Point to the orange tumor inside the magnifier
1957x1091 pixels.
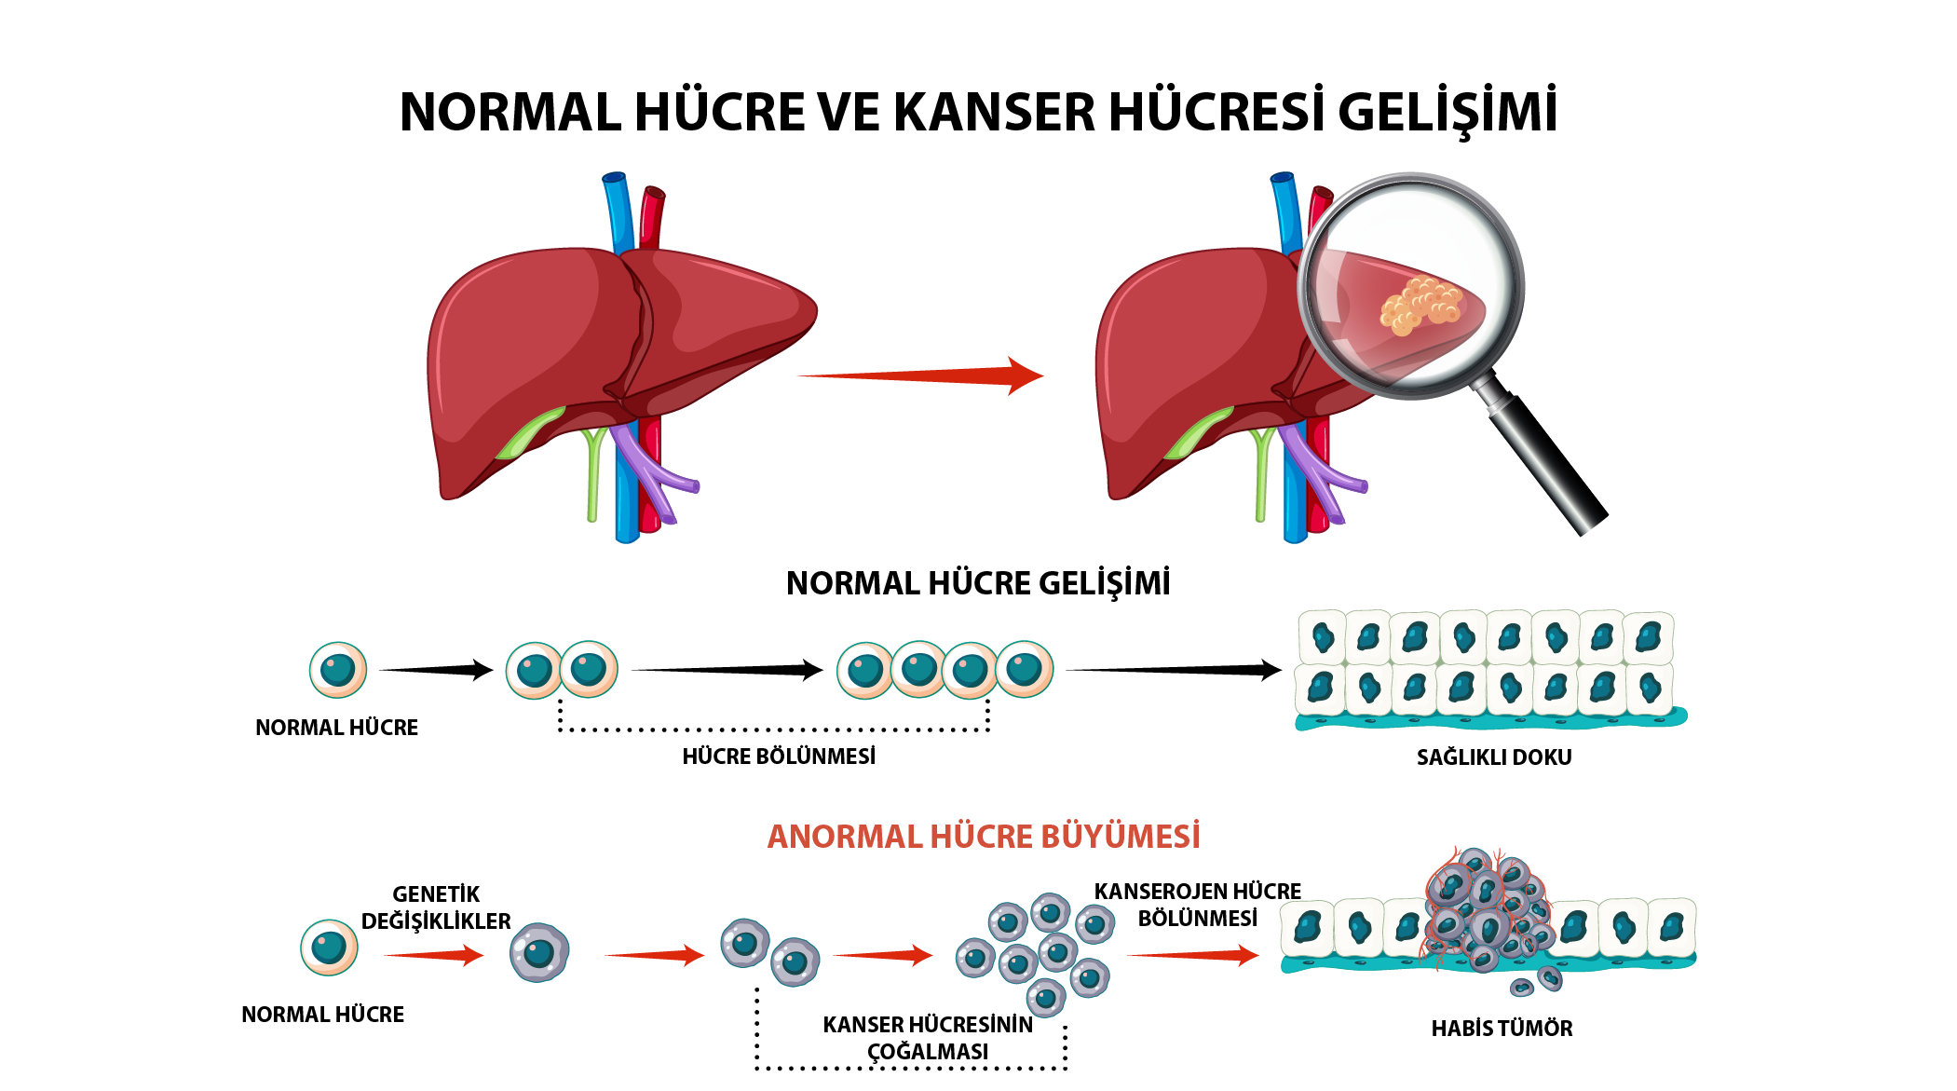[x=1421, y=305]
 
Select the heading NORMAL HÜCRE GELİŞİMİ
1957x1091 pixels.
[x=978, y=583]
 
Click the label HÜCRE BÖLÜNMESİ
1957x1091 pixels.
[x=779, y=757]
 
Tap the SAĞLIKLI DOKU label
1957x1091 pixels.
[x=1494, y=757]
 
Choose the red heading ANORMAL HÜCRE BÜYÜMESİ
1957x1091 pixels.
[x=984, y=837]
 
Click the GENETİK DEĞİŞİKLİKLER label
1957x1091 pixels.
[x=436, y=907]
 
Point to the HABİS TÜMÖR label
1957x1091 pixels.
[x=1502, y=1029]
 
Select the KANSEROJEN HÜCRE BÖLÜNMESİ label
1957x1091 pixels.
[x=1198, y=905]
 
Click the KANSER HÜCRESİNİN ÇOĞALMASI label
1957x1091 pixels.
[x=928, y=1038]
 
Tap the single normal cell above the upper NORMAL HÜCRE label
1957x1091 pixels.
[x=338, y=670]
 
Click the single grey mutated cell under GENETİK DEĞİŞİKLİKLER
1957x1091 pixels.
[x=539, y=952]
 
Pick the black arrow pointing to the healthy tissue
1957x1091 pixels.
[x=1174, y=670]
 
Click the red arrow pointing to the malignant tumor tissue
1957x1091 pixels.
[x=1193, y=955]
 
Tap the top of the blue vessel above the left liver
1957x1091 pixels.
[x=614, y=177]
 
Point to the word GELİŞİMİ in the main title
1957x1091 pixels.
[x=1447, y=113]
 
